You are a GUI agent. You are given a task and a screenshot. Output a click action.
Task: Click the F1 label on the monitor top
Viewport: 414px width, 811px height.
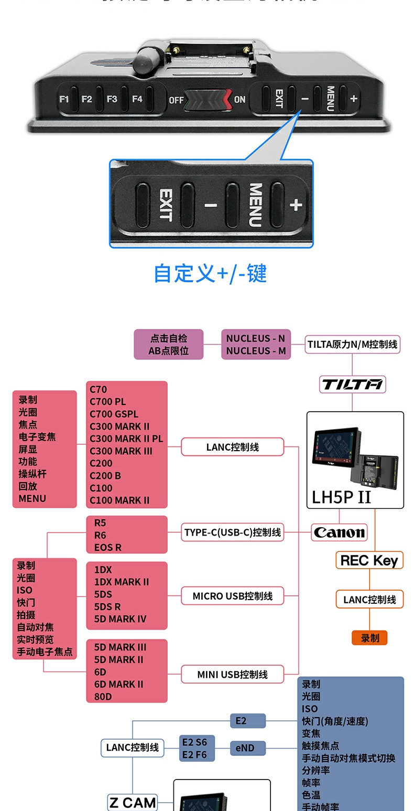click(x=64, y=99)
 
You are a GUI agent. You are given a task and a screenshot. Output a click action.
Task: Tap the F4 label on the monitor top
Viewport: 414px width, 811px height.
click(x=137, y=99)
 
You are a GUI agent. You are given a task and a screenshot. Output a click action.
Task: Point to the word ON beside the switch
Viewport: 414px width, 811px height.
click(x=239, y=99)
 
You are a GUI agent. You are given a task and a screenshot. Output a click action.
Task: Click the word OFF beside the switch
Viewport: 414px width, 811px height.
click(x=176, y=99)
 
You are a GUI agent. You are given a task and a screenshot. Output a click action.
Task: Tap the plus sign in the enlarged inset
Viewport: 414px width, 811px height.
click(x=296, y=205)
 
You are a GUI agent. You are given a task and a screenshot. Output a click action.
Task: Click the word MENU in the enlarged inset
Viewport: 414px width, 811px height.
click(x=255, y=205)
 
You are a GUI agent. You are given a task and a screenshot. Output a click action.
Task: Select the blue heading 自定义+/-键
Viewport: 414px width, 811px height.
click(x=210, y=274)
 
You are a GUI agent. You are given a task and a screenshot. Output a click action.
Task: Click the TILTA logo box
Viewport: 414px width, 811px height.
click(x=352, y=385)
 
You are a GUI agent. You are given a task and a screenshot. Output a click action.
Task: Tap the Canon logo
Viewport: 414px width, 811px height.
click(x=339, y=532)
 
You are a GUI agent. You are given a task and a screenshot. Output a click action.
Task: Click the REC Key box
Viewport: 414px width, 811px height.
click(x=369, y=560)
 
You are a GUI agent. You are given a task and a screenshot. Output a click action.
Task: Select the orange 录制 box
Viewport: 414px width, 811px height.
click(x=369, y=638)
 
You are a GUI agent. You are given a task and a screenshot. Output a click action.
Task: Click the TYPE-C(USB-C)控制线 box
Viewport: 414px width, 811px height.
click(x=233, y=532)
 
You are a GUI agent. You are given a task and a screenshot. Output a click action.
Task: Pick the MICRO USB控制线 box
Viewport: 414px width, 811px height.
click(x=233, y=596)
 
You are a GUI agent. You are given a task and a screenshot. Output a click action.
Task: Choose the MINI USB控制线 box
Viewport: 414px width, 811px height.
click(x=233, y=674)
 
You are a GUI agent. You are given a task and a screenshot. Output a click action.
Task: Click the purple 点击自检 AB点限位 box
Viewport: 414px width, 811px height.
click(x=168, y=345)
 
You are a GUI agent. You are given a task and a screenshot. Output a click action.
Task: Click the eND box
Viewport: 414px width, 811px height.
click(x=247, y=748)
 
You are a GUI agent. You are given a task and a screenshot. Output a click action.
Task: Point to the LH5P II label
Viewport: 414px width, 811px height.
click(x=341, y=497)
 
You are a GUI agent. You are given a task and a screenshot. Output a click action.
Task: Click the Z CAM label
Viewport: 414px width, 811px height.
click(x=133, y=802)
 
